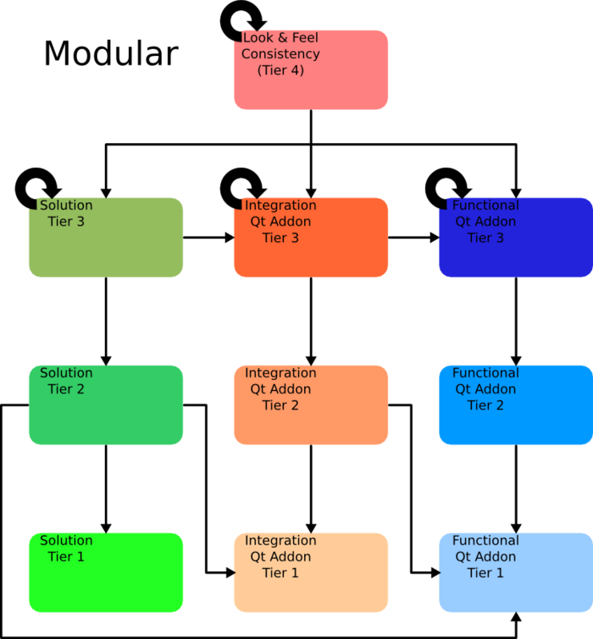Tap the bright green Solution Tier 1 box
click(106, 584)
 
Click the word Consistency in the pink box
click(280, 54)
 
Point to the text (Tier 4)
click(280, 70)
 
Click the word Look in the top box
click(257, 38)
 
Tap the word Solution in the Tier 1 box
click(66, 540)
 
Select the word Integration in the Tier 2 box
click(280, 373)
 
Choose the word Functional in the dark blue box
click(485, 206)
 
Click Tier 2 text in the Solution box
click(66, 389)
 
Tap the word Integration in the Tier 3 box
click(280, 206)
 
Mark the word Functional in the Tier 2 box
click(485, 373)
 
